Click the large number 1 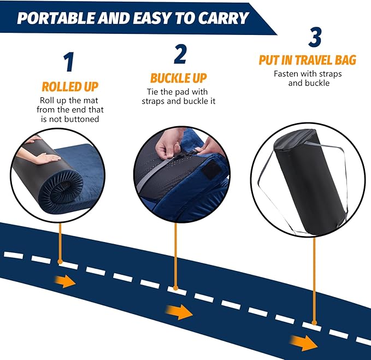tap(68, 63)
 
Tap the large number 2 tap(180, 54)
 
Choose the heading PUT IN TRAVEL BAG tap(307, 60)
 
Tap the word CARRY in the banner tap(219, 17)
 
